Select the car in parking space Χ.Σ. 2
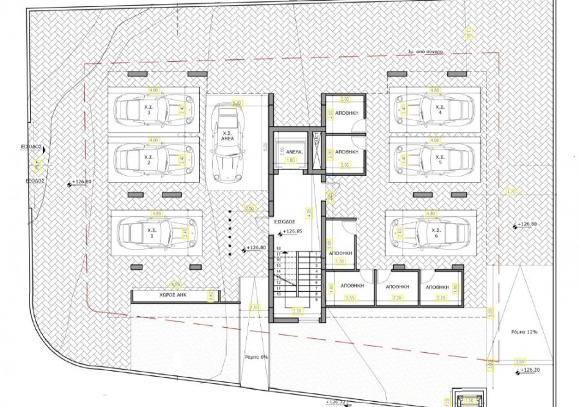coord(148,158)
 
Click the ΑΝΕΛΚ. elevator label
coord(285,153)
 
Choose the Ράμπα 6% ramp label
coord(256,357)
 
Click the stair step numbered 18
coord(279,248)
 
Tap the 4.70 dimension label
coord(512,191)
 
